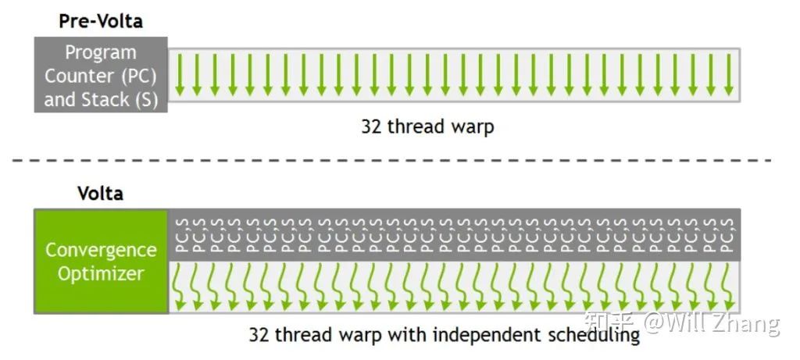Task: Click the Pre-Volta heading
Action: point(101,21)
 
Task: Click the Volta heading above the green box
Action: point(101,193)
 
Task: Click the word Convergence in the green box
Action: point(101,251)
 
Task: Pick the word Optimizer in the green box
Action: point(101,274)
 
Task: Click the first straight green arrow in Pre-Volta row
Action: point(180,75)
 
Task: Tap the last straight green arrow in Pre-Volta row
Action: point(729,75)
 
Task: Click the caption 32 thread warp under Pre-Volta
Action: point(427,126)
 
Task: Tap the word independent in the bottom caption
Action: point(480,335)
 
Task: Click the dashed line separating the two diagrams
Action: point(391,160)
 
